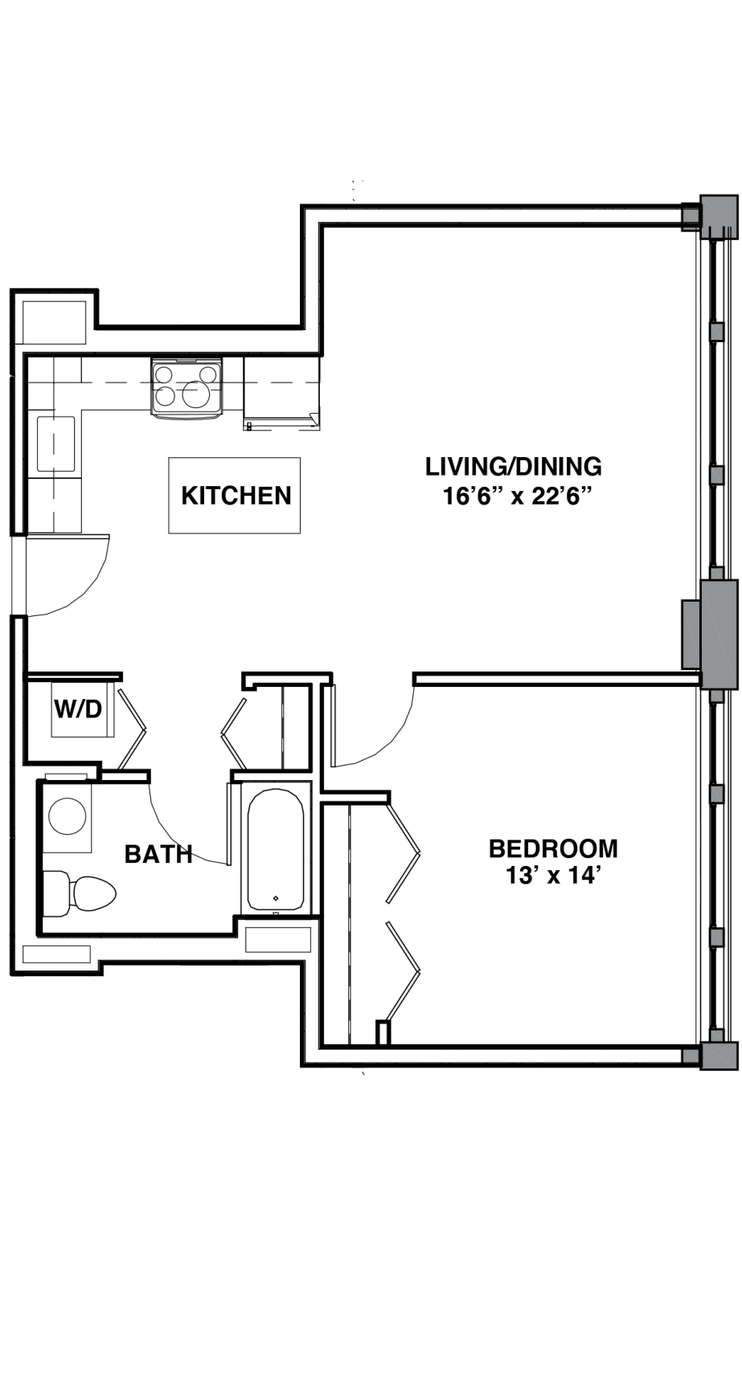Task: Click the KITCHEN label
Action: point(236,495)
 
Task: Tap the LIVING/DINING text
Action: point(513,466)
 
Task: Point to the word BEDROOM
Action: point(553,848)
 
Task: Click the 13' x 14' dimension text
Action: point(554,876)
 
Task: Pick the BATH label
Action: point(158,854)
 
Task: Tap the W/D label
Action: point(78,709)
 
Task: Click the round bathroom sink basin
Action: point(68,816)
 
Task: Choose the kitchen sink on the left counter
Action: point(55,446)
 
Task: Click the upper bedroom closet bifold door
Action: point(404,850)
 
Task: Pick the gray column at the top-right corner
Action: point(718,216)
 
